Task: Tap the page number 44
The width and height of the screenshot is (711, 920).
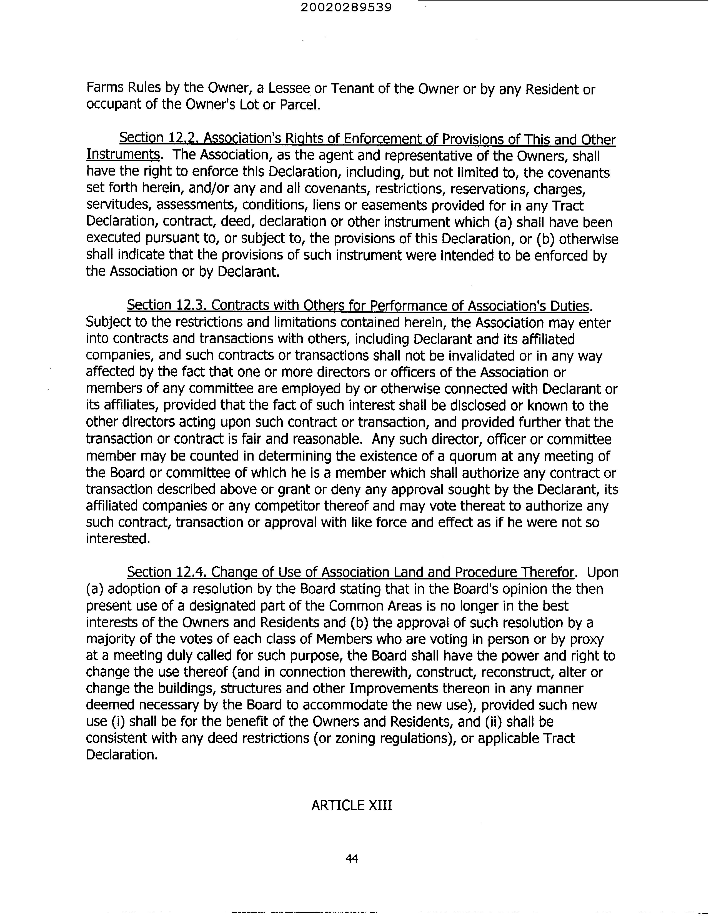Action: click(352, 858)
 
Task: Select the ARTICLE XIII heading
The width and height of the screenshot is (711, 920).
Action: click(352, 805)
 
